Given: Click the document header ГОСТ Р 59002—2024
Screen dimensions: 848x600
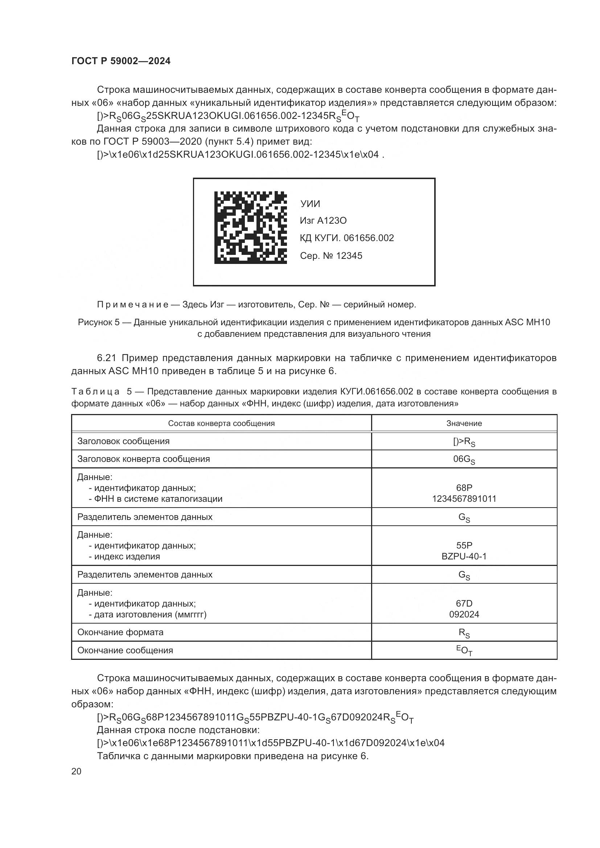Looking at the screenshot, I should (x=121, y=61).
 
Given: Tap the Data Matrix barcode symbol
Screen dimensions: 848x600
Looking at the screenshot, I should (x=250, y=227).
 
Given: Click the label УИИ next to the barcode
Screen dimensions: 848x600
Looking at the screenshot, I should (x=310, y=204).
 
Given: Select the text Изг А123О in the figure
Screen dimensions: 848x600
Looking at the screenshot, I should (x=323, y=221).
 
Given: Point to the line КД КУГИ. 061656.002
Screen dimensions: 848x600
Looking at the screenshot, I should (x=346, y=238).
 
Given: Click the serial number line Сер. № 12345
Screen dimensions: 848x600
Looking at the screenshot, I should (x=331, y=256).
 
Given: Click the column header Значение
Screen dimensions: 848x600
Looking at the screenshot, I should (x=464, y=423).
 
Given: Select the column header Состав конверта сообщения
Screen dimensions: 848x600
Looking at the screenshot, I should (x=221, y=423).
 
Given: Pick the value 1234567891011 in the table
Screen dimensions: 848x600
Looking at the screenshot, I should (x=464, y=499).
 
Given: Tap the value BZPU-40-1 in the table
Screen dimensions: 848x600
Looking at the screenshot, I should (x=464, y=556).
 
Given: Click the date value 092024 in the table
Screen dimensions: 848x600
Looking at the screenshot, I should (x=464, y=614).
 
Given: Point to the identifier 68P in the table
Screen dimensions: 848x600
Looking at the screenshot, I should (x=464, y=488).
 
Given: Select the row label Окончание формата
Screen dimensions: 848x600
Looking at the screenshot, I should (x=120, y=632).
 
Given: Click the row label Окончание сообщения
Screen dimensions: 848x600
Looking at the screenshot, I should (x=125, y=650).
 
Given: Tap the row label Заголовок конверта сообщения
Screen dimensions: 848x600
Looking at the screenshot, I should (x=143, y=459).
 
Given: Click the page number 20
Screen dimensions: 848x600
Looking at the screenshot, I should (x=76, y=771).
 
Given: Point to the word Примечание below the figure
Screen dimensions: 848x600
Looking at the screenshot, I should (x=133, y=304).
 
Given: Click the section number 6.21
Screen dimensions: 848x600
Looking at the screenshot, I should (x=106, y=358).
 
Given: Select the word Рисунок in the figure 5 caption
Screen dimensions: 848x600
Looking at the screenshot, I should (x=93, y=322).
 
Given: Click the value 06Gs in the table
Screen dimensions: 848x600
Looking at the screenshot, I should (x=464, y=459).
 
